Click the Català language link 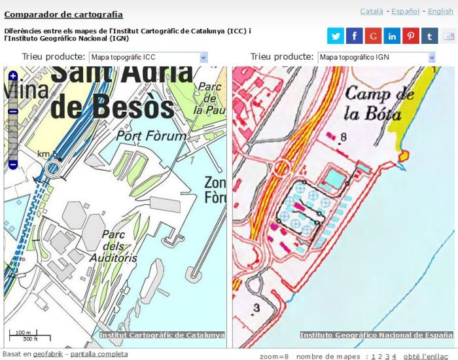(372, 11)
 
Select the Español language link (405, 11)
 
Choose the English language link (440, 11)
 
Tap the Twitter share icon (336, 36)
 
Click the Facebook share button (354, 36)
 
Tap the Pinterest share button (411, 36)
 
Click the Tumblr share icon (429, 36)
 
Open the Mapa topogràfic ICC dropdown (148, 58)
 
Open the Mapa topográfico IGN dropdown (377, 58)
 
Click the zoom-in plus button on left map (12, 76)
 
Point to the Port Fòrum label (146, 136)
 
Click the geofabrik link (48, 354)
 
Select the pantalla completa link (99, 354)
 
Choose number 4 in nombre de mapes (394, 356)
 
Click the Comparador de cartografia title (63, 14)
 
